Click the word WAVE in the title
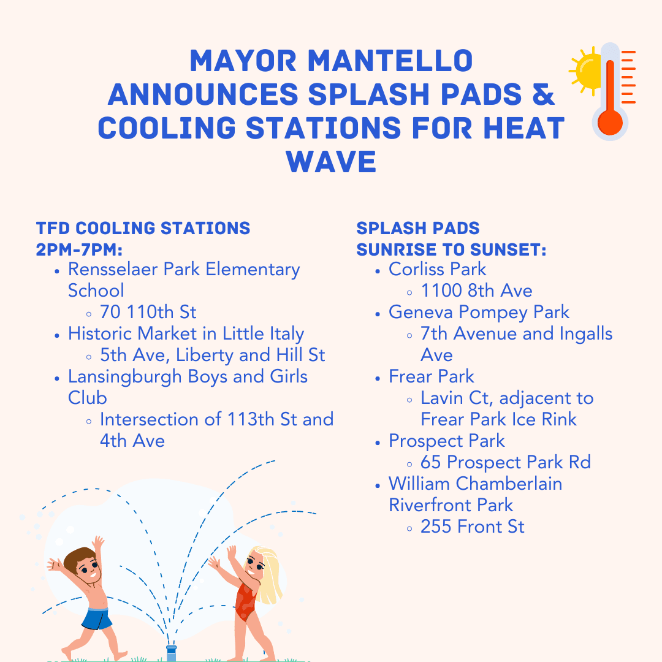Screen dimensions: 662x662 [331, 162]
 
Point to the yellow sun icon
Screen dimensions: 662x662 [585, 70]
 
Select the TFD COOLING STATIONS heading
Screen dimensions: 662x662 [143, 229]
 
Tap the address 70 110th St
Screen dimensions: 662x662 [148, 312]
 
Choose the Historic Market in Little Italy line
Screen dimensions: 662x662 [186, 333]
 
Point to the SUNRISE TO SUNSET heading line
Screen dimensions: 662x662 [451, 250]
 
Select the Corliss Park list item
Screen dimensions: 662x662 [437, 269]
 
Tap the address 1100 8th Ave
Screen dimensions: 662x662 [476, 291]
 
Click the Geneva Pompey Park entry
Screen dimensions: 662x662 [479, 312]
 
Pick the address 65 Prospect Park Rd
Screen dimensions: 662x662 [505, 462]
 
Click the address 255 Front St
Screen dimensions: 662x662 [472, 527]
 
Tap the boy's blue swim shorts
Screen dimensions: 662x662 [97, 617]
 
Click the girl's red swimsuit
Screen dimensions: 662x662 [246, 601]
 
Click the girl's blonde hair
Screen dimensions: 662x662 [268, 573]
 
